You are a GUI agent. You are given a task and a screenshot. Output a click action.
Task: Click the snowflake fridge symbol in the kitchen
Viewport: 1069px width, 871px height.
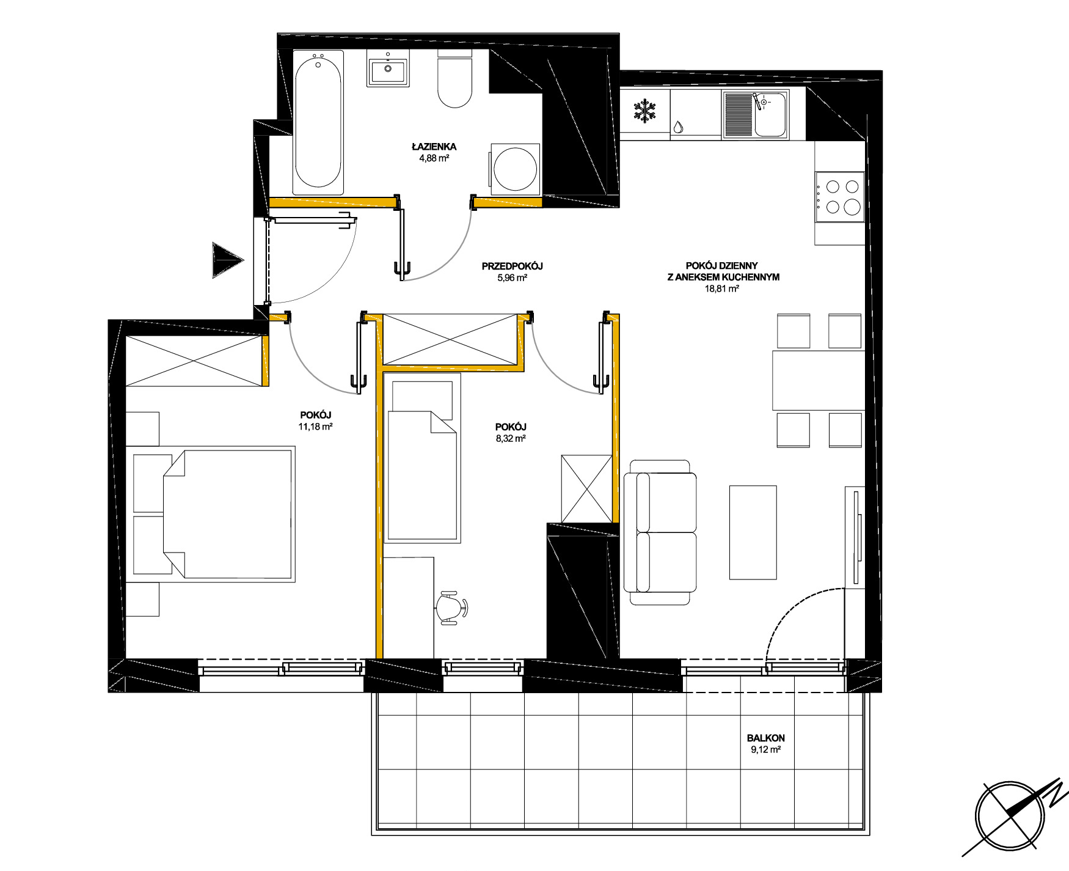(644, 111)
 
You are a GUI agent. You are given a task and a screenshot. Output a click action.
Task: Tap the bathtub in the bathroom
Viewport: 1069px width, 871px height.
(318, 122)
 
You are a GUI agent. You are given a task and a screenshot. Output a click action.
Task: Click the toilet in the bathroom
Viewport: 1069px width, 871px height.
(455, 79)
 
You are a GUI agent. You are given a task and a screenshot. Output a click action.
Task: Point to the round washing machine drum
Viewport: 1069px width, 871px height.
(515, 169)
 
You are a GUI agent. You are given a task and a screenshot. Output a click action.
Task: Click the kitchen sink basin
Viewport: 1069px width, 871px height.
(770, 115)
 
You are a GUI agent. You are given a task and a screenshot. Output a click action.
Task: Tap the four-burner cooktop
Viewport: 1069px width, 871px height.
(841, 197)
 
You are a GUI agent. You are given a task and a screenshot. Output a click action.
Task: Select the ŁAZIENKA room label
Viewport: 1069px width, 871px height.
(434, 147)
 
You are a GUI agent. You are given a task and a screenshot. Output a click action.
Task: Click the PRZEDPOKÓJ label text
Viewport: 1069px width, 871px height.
(512, 266)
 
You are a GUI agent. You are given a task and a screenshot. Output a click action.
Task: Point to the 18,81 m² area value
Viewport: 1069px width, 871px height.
(723, 288)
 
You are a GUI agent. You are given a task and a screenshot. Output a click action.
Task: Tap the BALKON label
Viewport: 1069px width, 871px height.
(766, 738)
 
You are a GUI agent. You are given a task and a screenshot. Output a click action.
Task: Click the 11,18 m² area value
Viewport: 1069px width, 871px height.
(315, 427)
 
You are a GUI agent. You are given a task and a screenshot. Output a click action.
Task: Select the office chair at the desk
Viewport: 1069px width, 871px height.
(451, 608)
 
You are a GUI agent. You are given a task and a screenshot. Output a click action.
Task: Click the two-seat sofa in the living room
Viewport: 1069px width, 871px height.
(660, 532)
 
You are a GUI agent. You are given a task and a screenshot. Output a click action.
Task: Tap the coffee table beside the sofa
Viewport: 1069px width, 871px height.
(753, 532)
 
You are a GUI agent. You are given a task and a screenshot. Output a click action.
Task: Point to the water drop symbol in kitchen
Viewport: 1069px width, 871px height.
(679, 127)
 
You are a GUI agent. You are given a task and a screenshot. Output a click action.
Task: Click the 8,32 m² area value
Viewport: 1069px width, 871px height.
(511, 438)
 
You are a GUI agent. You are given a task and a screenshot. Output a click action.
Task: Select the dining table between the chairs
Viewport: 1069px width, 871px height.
(819, 380)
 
